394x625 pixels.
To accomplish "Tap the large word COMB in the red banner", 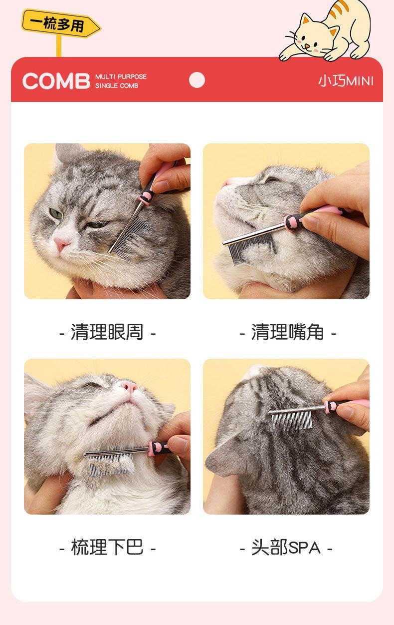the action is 56,81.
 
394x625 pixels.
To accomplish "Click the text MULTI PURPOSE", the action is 121,77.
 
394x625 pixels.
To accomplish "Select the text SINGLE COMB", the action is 117,85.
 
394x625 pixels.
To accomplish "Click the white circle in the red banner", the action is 197,80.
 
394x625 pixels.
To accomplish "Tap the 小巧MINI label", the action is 346,81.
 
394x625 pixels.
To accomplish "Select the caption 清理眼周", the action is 107,332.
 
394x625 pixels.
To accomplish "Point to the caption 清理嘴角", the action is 288,332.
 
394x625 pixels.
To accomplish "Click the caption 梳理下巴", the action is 107,547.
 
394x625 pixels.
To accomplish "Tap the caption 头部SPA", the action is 286,547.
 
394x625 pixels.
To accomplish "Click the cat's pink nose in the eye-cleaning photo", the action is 61,242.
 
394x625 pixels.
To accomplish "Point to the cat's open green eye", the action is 56,213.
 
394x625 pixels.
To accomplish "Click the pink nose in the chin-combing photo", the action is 129,386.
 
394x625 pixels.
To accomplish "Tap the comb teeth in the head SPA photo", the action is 291,421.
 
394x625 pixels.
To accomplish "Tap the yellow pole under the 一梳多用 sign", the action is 59,46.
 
